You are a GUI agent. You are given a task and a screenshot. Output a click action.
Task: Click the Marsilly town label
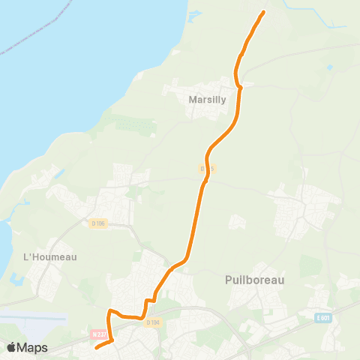[203, 97]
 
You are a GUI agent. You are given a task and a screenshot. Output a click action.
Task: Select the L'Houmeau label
[50, 256]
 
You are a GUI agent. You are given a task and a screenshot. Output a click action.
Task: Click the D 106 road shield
[98, 223]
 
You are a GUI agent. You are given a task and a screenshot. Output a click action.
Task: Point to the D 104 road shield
[152, 322]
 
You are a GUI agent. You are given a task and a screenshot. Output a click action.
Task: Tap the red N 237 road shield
[97, 334]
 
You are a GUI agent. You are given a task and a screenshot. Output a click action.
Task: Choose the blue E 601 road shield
[323, 317]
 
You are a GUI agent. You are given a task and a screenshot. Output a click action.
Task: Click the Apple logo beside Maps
[12, 347]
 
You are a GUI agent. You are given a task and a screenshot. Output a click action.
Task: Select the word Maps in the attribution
[33, 347]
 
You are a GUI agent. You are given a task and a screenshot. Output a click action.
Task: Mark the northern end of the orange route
[263, 13]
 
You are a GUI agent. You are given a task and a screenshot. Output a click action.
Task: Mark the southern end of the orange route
[97, 347]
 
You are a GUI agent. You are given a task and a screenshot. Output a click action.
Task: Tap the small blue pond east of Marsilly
[329, 67]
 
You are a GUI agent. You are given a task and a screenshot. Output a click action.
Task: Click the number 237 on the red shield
[100, 334]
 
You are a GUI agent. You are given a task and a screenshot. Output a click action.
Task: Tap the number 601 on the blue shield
[325, 317]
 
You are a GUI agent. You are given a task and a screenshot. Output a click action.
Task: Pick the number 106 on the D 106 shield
[100, 223]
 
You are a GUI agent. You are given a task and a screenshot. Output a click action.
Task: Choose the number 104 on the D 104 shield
[154, 322]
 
